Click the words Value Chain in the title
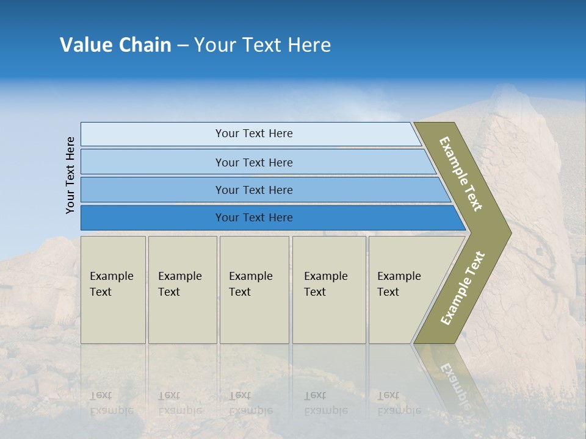coord(115,45)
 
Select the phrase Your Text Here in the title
coord(262,45)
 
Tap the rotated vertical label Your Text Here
coord(70,175)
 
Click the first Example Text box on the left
coord(113,290)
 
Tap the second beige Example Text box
coord(183,290)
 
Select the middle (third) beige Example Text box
coord(254,290)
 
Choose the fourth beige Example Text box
coord(329,290)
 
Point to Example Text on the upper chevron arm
coord(461,174)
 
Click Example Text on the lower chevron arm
coord(463,288)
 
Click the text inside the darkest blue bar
coord(254,218)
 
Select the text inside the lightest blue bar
coord(254,134)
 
